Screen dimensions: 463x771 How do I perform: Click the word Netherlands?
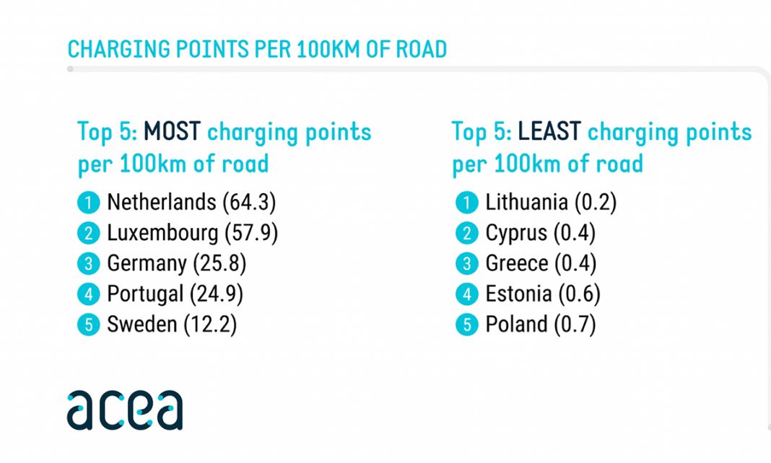(x=161, y=202)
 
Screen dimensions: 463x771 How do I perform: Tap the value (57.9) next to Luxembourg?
(x=251, y=233)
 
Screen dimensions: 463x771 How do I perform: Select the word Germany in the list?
(x=147, y=264)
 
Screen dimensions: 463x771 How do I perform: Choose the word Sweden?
(x=141, y=325)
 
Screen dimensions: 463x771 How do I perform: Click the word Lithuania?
(x=526, y=202)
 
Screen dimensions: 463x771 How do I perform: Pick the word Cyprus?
(x=516, y=233)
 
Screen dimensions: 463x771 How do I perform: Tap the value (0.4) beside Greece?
(x=575, y=264)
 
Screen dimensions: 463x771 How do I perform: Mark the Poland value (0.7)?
(x=575, y=325)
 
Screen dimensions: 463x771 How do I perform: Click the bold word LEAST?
(x=549, y=132)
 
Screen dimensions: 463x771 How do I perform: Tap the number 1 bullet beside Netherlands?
(x=87, y=203)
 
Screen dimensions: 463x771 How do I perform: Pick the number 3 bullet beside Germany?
(x=87, y=265)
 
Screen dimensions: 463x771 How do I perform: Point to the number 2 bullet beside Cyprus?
(x=466, y=234)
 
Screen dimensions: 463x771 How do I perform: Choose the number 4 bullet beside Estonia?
(x=466, y=295)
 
